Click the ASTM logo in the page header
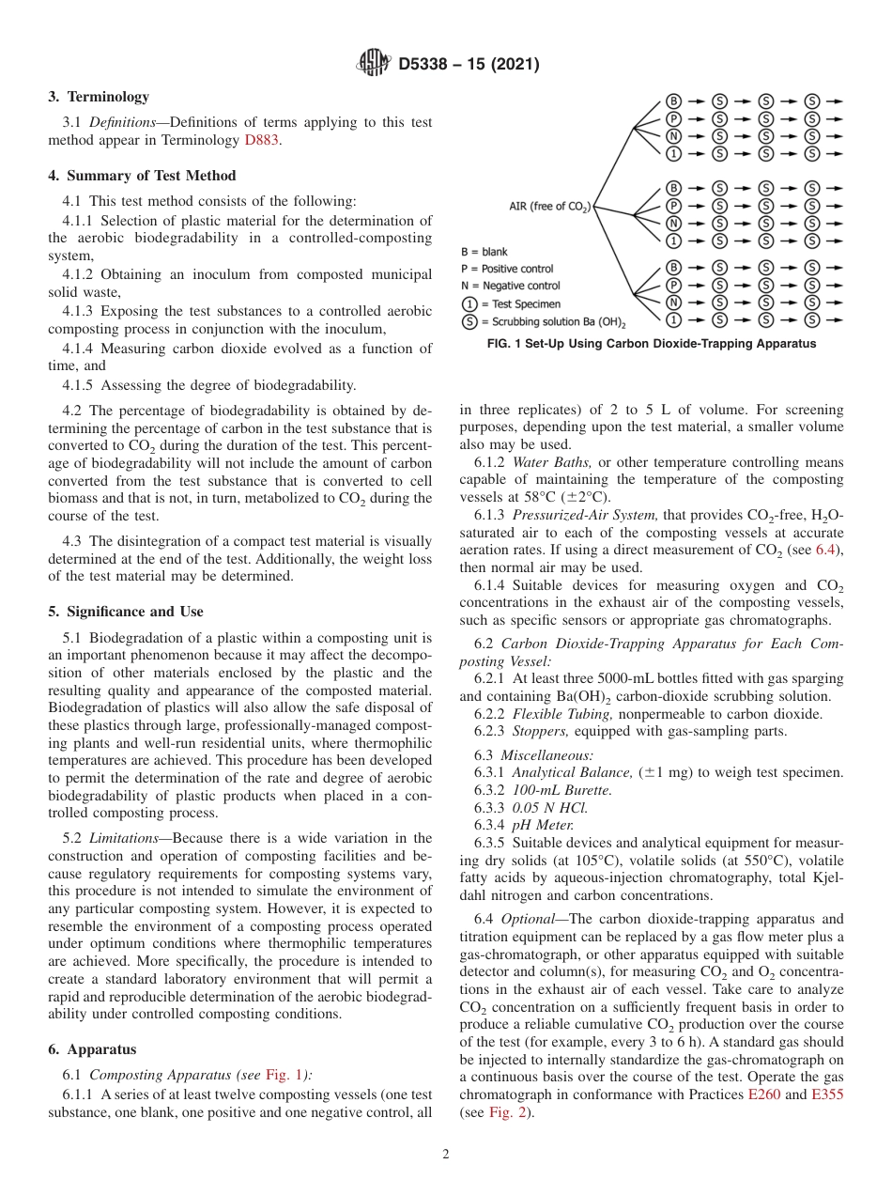coord(374,64)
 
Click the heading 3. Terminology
coord(99,97)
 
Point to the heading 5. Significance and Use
coord(126,612)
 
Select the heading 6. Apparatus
coord(92,1050)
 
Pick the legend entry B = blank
coord(484,252)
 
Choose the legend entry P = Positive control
coord(507,269)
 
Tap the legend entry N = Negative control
coord(510,286)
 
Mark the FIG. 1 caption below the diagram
coord(651,344)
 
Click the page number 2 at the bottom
coord(446,1155)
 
